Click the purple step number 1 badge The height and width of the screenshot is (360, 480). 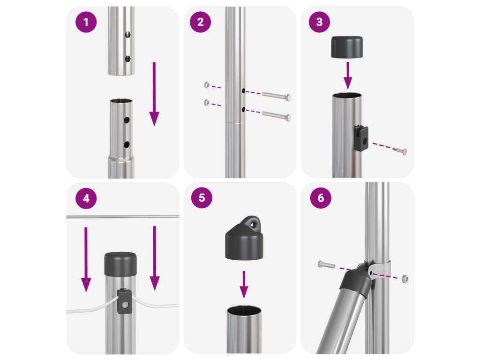(86, 22)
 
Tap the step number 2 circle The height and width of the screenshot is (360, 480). (200, 22)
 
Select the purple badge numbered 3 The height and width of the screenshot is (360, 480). (319, 22)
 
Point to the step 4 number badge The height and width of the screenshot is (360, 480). (86, 198)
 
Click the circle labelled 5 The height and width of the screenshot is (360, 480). (202, 198)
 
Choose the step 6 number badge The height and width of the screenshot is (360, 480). (321, 198)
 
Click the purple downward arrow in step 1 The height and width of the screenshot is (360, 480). (154, 94)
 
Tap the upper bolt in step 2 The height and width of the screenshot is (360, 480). (276, 96)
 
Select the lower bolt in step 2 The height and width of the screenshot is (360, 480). (276, 115)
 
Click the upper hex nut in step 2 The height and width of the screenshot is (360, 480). (207, 85)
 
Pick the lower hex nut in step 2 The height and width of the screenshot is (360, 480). (207, 103)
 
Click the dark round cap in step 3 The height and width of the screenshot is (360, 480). (347, 47)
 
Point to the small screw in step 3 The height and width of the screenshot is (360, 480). (400, 150)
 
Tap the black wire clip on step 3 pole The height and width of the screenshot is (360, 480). (361, 138)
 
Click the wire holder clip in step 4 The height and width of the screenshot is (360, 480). (124, 301)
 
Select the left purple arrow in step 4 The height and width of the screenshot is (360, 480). (86, 259)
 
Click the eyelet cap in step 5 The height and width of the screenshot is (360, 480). (244, 238)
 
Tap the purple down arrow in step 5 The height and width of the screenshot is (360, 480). (244, 285)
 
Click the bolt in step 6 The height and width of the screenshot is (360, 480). (327, 264)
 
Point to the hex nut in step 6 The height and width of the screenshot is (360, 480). (405, 278)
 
